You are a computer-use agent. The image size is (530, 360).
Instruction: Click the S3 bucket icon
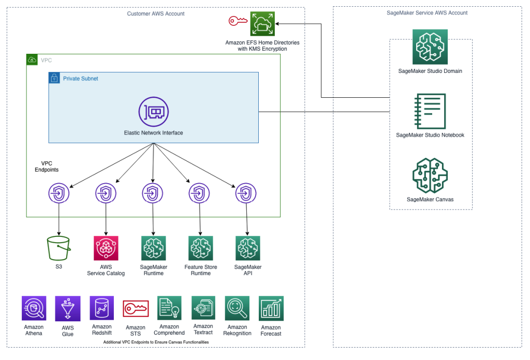58,248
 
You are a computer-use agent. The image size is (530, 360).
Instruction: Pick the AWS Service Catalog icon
106,248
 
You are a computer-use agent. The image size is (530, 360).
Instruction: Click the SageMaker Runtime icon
153,248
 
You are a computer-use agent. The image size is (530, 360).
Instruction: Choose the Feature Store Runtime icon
201,248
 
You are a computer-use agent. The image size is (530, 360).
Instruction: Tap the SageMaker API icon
247,248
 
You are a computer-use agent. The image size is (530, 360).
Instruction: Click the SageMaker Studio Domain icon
430,47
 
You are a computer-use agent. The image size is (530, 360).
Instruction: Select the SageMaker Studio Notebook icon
430,111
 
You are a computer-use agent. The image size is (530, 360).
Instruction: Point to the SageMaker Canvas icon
430,176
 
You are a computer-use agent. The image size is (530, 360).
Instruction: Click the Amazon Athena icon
34,308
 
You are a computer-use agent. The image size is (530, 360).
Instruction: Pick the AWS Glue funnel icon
68,309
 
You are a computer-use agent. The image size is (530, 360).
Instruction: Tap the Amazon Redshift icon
102,308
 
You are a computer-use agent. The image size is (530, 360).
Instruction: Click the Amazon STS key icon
136,309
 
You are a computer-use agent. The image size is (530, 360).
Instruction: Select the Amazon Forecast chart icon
271,309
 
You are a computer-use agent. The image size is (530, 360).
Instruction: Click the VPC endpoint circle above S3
58,194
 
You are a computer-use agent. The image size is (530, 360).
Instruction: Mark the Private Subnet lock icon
54,78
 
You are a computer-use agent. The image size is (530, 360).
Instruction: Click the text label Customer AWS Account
156,13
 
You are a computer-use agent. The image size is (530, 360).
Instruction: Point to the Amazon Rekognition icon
237,309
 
